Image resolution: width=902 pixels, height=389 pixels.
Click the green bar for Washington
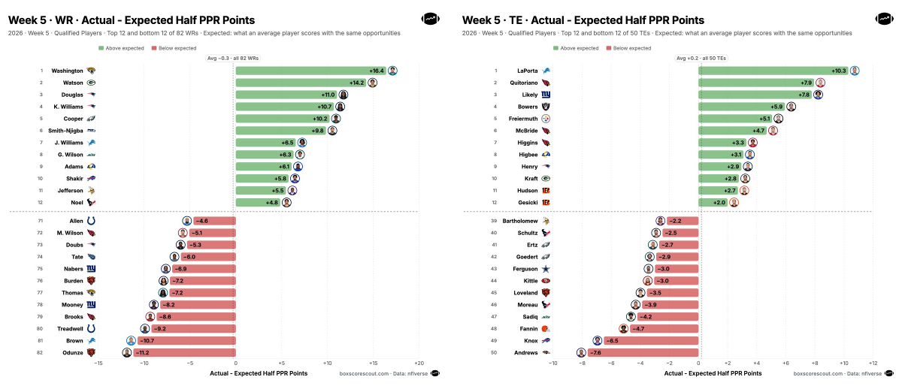tap(311, 71)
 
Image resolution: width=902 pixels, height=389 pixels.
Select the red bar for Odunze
tap(184, 353)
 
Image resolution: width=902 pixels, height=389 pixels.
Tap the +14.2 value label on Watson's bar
tap(357, 83)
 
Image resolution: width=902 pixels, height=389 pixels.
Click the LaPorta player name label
tap(527, 71)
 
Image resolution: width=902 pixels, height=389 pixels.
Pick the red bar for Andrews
tap(643, 353)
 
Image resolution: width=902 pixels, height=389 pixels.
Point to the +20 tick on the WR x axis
tap(419, 363)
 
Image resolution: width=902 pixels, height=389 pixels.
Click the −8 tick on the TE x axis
tap(583, 363)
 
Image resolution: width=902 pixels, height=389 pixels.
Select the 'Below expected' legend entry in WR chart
tap(174, 48)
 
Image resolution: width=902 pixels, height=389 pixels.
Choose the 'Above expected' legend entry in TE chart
tap(576, 48)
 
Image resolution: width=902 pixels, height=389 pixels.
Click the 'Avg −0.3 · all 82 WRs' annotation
tap(233, 59)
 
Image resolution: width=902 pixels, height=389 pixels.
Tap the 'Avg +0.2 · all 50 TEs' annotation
tap(701, 59)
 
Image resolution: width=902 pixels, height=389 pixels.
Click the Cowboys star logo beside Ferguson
tap(546, 269)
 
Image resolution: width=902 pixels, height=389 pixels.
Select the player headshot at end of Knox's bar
tap(597, 341)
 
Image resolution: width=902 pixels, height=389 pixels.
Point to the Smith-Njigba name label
tap(65, 131)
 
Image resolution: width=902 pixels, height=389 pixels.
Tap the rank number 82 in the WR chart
tap(40, 353)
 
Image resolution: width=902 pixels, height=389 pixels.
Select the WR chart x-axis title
tap(259, 373)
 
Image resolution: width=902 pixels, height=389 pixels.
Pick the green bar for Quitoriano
tap(756, 83)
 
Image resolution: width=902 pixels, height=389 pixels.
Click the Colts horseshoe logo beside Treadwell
tap(91, 329)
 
